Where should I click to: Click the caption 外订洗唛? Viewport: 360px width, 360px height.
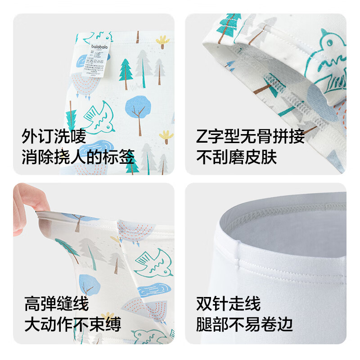click(54, 136)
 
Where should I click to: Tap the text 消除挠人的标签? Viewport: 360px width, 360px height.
click(78, 157)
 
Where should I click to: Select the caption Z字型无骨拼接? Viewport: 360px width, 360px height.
click(250, 136)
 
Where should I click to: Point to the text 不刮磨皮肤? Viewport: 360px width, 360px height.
click(236, 157)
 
